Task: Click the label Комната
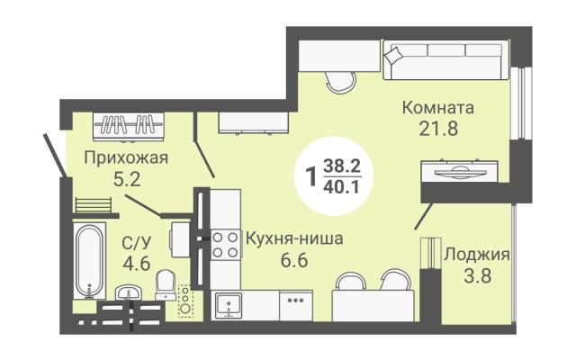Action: click(x=438, y=108)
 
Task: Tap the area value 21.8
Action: click(x=438, y=129)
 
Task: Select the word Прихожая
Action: click(x=126, y=158)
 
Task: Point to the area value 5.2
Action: click(x=127, y=180)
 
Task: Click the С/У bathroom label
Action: click(x=136, y=242)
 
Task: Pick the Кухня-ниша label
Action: click(x=294, y=238)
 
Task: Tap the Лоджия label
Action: click(x=477, y=254)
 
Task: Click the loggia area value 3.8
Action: click(x=477, y=275)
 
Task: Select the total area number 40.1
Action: click(x=341, y=188)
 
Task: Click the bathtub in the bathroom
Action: click(x=90, y=260)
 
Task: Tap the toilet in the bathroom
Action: click(x=165, y=285)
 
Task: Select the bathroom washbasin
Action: click(x=128, y=292)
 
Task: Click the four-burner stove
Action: click(x=225, y=245)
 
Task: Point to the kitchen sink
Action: click(x=229, y=305)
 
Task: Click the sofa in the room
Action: click(x=446, y=60)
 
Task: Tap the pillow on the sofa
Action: click(x=393, y=55)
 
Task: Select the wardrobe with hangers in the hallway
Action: click(x=128, y=126)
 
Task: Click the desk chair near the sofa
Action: click(x=340, y=82)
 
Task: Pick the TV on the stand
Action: click(x=459, y=171)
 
